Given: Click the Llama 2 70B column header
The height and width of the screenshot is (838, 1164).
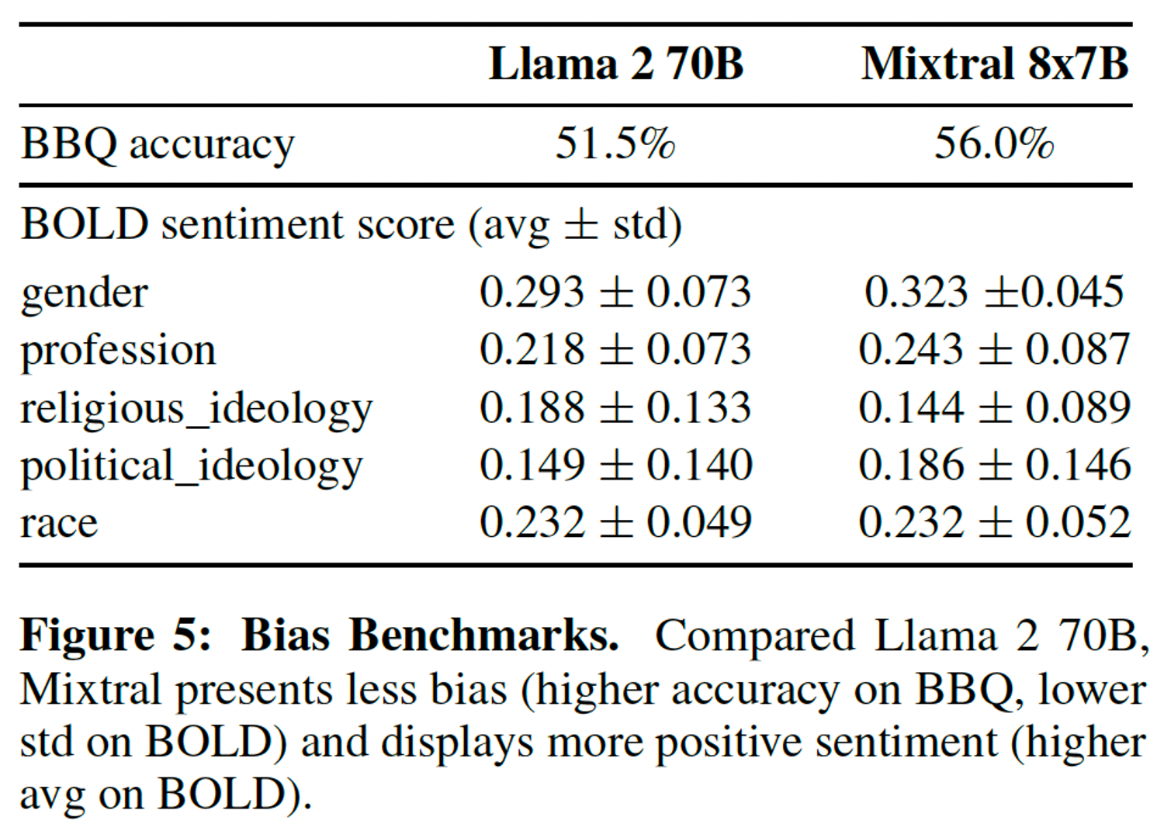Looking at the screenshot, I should click(615, 64).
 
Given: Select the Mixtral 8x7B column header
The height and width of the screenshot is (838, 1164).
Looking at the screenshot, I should click(994, 64).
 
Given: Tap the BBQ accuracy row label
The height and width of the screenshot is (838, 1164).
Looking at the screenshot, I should click(158, 145).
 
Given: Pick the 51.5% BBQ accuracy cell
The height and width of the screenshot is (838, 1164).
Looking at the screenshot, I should click(615, 144).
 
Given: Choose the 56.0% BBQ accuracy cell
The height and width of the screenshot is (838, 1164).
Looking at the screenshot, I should click(994, 144).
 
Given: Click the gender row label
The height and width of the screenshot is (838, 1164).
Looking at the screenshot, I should click(84, 294).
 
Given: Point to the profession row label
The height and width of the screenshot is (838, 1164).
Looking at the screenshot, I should click(118, 351).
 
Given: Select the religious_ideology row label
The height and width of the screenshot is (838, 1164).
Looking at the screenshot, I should click(196, 409).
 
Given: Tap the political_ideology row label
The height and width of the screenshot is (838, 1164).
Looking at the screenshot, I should click(192, 466).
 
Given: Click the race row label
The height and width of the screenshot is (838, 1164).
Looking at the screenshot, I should click(59, 523).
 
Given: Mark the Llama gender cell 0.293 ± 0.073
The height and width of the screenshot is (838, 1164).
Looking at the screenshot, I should click(615, 293).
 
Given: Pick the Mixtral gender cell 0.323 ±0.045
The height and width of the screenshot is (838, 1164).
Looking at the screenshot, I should click(994, 293).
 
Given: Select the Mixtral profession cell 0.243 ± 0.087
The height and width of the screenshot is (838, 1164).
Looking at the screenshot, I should click(994, 350).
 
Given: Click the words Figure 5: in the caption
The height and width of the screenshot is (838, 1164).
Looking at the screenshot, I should click(115, 636).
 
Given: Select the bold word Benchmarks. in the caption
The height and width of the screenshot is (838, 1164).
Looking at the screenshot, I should click(483, 636).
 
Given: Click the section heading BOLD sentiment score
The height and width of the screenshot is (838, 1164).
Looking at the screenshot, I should click(237, 225).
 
